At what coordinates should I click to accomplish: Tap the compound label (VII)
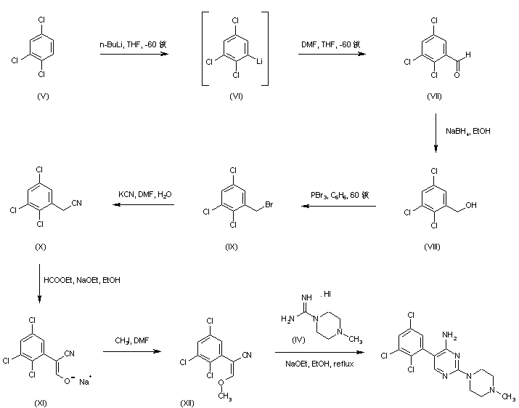coord(435,96)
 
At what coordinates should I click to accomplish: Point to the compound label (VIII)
coord(435,247)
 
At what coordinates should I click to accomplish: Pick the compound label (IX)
coord(232,247)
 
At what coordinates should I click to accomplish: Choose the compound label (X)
coord(41,247)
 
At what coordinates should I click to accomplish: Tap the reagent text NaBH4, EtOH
coord(467,131)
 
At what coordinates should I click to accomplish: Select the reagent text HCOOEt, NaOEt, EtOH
coord(83,279)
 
